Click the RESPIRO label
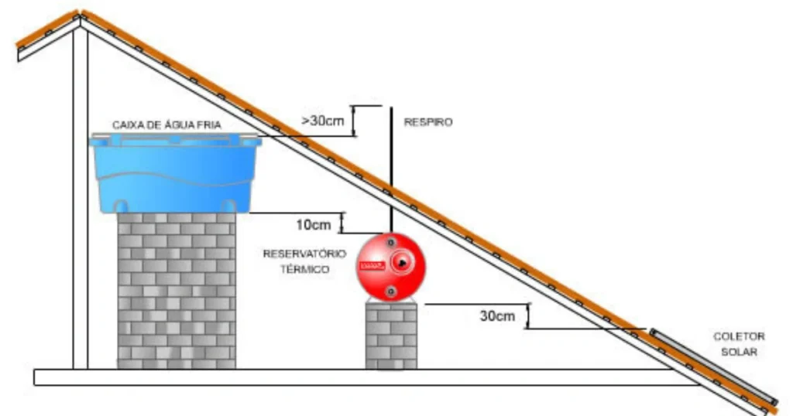(427, 122)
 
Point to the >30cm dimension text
(322, 121)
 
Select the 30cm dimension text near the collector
(496, 316)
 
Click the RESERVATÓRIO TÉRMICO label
(297, 261)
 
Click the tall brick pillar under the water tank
(177, 290)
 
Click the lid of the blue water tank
(175, 140)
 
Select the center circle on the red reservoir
(402, 263)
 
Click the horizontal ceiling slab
(348, 377)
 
